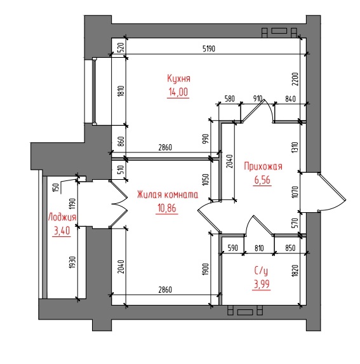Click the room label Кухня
pos(178,79)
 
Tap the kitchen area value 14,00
pos(178,92)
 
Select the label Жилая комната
pos(168,194)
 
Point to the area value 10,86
pos(167,208)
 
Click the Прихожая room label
pos(263,166)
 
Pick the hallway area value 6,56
pos(262,180)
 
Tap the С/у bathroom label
pos(261,271)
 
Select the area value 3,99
pos(262,284)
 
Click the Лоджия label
pos(62,217)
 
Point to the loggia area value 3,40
pos(62,231)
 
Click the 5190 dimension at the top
pos(209,49)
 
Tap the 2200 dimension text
pos(295,79)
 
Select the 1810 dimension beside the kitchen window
pos(121,91)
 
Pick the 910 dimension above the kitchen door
pos(258,98)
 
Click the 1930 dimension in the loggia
pos(72,262)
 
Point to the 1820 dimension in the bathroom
pos(295,271)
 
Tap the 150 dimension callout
pos(56,187)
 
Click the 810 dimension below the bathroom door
pos(259,248)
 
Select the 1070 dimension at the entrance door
pos(295,192)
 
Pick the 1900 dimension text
pos(206,269)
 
